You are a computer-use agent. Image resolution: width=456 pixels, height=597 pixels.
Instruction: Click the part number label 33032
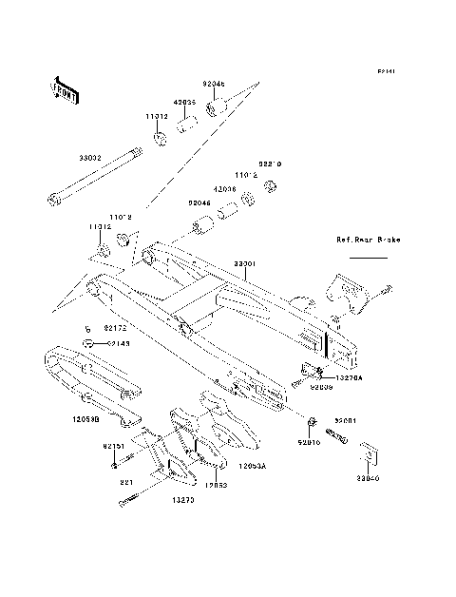[92, 161]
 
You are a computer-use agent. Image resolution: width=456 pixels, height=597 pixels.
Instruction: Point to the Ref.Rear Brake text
[368, 241]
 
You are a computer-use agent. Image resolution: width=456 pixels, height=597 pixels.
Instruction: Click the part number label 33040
[368, 480]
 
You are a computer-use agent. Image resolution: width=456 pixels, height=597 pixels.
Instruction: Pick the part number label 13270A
[348, 378]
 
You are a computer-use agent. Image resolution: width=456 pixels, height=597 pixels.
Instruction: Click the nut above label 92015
[312, 419]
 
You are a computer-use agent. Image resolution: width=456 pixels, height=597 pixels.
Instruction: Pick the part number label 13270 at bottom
[183, 499]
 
